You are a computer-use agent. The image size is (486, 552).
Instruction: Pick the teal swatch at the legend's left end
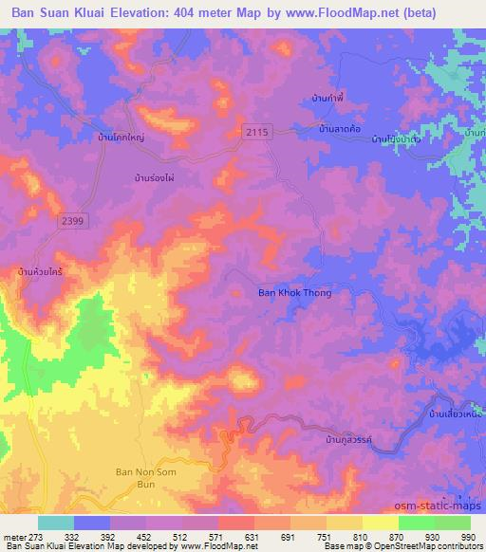click(x=56, y=523)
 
